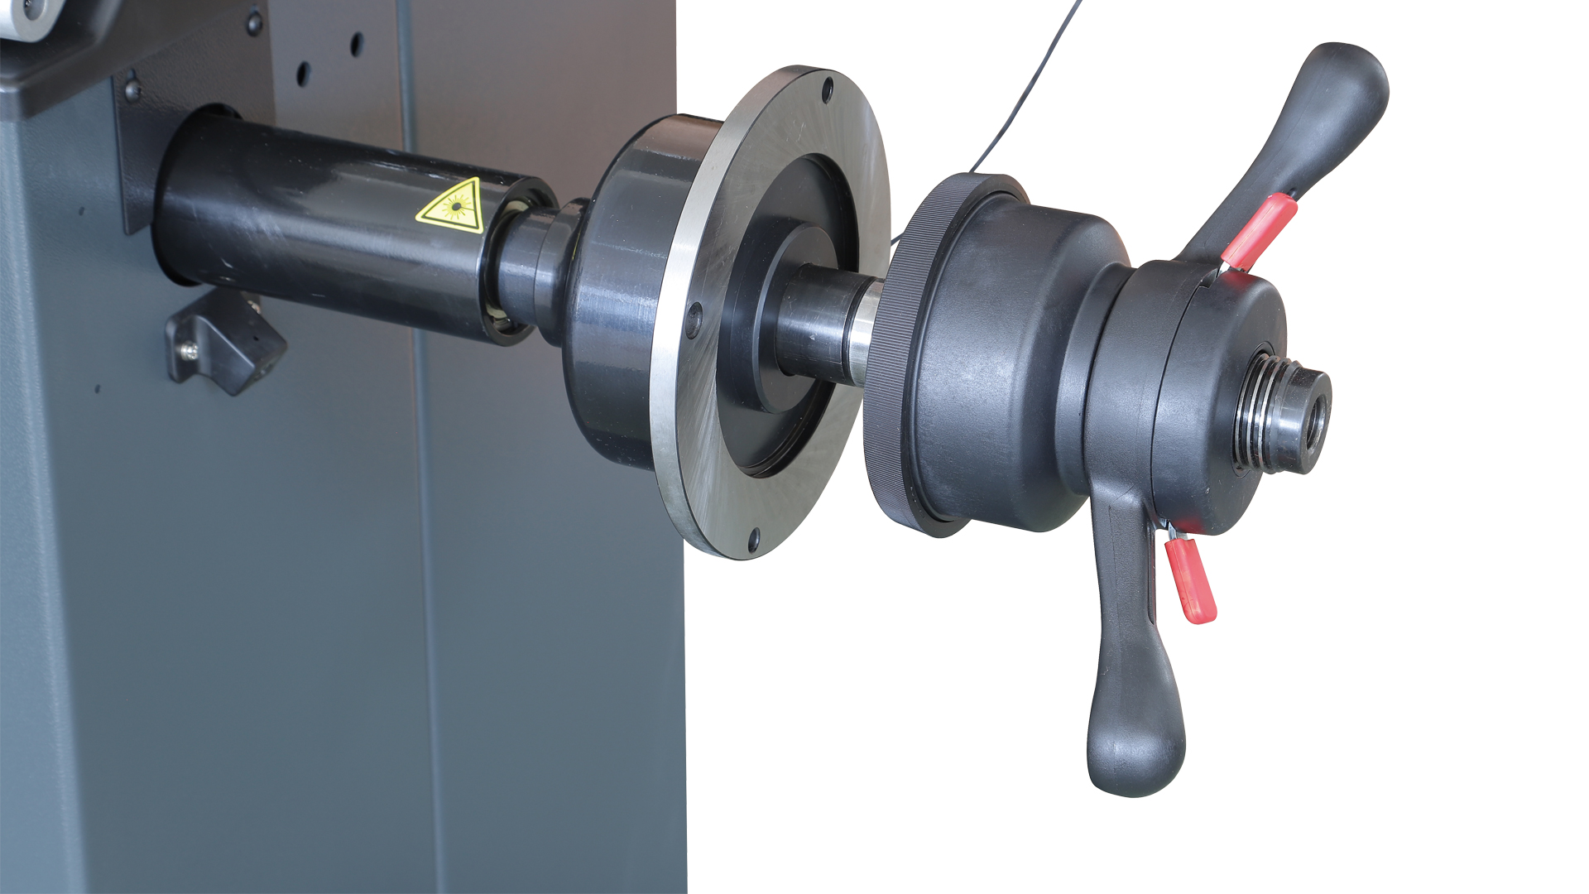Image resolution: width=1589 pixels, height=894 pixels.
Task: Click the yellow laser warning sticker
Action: coord(451,205)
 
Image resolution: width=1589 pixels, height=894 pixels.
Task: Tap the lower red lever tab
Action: coord(1190,579)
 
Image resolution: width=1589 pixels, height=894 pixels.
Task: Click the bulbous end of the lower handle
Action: coord(1135,753)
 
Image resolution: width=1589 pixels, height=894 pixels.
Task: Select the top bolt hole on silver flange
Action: coord(828,89)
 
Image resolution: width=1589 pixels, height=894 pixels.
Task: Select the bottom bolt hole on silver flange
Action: coord(753,540)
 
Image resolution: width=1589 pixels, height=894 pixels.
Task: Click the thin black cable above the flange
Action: coord(1026,91)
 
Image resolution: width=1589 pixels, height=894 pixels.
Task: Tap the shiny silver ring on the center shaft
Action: coord(864,327)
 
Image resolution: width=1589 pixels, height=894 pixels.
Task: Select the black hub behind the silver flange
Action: coord(617,290)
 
